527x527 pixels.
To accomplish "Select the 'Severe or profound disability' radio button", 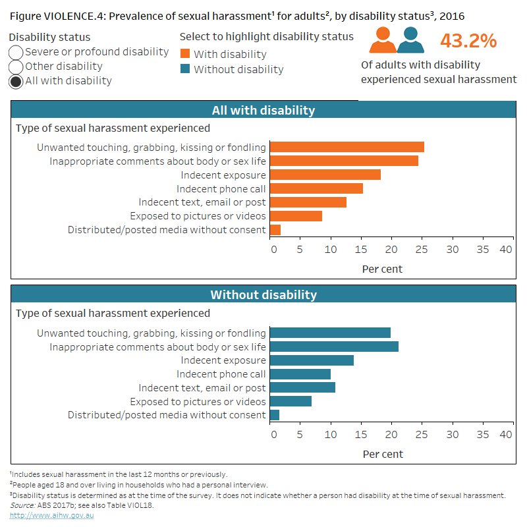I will [16, 52].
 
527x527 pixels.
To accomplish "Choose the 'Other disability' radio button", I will [16, 67].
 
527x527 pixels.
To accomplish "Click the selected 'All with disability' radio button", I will [16, 81].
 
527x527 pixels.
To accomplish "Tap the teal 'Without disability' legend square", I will [184, 69].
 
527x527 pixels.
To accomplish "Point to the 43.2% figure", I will [468, 41].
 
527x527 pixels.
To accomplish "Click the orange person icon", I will [383, 40].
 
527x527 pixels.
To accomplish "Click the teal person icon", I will [410, 40].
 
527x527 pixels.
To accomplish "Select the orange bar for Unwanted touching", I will [347, 147].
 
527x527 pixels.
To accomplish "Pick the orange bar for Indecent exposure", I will [325, 175].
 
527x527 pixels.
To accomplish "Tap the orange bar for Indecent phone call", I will [316, 188].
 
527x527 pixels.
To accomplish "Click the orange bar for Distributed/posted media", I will [275, 230].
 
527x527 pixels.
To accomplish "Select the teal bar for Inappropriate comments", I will [334, 347].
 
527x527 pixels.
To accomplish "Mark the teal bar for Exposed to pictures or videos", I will [291, 401].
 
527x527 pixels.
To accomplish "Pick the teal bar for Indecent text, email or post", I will [302, 387].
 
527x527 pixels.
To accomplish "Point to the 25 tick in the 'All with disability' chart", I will [422, 250].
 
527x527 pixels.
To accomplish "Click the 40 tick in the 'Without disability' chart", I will [506, 435].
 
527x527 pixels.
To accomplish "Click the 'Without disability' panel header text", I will [263, 295].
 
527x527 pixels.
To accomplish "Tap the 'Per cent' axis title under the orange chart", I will [382, 269].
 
